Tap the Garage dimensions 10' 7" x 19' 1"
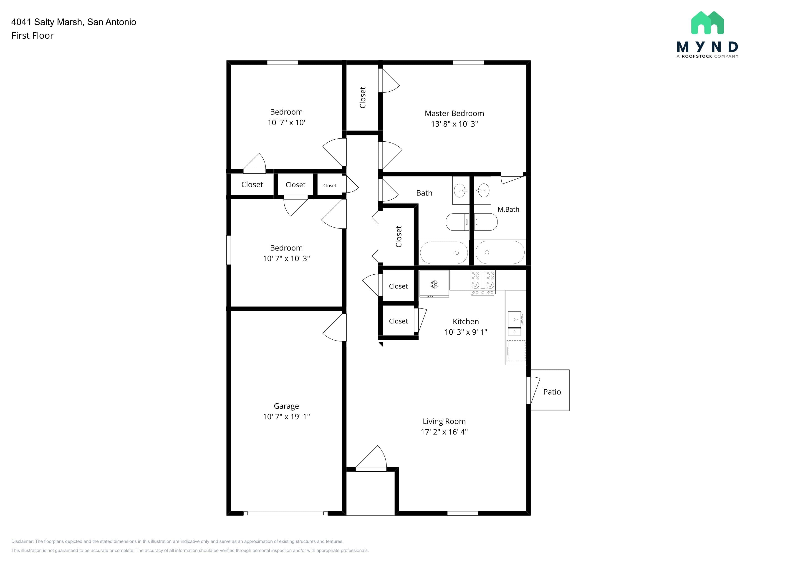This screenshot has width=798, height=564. [x=286, y=416]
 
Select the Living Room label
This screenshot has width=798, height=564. [x=444, y=421]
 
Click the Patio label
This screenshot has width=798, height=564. [x=552, y=392]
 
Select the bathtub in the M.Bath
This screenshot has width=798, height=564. [x=500, y=253]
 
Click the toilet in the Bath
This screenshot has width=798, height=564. [x=457, y=222]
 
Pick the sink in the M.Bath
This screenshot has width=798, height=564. [x=483, y=190]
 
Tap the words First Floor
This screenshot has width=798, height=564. [x=32, y=35]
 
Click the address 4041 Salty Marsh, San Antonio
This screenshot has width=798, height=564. [x=74, y=22]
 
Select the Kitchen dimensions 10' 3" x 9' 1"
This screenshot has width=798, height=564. [x=466, y=332]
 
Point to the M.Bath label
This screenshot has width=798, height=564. [x=508, y=209]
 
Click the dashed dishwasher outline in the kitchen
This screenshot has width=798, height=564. [x=516, y=351]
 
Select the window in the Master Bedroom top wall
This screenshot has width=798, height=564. [x=468, y=63]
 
